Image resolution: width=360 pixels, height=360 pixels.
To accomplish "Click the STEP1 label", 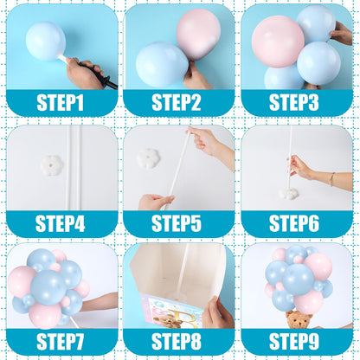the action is point(60,102).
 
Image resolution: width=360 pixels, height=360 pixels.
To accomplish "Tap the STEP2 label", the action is point(177,102).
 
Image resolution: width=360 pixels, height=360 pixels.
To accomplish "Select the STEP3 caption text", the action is point(294,102).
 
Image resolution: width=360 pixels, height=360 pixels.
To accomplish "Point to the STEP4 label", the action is point(60,223).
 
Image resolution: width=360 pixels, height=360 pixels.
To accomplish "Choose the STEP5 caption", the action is point(177,223).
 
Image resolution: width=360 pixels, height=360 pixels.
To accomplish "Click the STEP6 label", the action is point(294,223).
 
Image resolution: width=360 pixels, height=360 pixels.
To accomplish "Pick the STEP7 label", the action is point(60,342).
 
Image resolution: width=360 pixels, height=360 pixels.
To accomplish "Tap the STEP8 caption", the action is point(177,342).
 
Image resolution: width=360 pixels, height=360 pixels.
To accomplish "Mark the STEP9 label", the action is point(294,342).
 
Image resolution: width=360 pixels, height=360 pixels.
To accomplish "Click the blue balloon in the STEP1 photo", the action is point(46,41).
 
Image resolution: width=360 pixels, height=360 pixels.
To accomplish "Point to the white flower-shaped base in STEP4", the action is point(52,165).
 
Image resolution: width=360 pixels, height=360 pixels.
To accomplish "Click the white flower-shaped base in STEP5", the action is point(148,158).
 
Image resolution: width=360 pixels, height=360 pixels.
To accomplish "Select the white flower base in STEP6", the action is point(290,194).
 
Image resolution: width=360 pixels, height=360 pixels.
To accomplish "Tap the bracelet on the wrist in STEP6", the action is point(332,179).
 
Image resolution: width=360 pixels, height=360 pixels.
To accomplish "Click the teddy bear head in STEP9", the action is point(299,320).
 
